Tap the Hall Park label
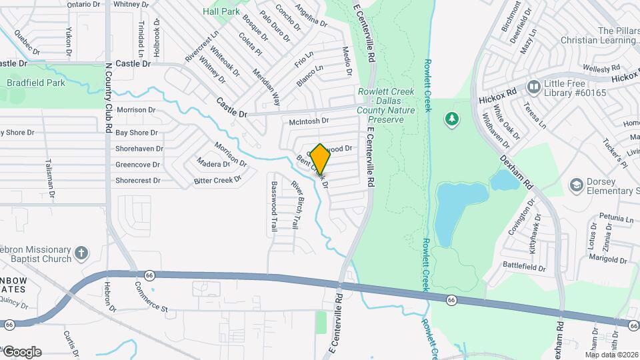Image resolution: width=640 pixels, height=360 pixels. click(x=221, y=11)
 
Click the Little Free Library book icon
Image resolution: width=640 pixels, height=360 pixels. click(x=533, y=87)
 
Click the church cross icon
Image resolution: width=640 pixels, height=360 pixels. click(x=81, y=253)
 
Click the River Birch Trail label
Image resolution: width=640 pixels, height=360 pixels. click(x=293, y=205)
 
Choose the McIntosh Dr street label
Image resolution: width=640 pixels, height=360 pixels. click(x=309, y=121)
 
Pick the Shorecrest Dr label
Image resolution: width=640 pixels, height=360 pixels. click(x=138, y=180)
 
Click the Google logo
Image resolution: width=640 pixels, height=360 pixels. click(x=22, y=352)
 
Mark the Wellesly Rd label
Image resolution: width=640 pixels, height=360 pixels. click(x=601, y=68)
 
